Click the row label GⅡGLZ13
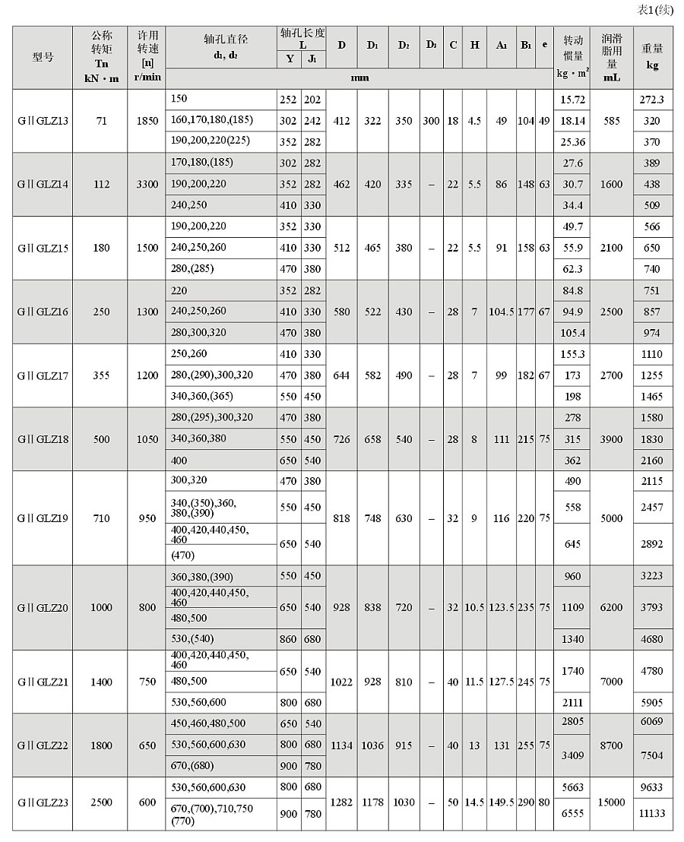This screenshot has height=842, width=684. click(x=43, y=121)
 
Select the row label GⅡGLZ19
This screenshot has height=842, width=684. click(x=43, y=518)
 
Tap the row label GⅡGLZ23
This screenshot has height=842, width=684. click(x=43, y=802)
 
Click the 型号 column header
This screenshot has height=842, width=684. click(x=43, y=57)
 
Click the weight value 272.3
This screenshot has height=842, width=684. click(x=652, y=100)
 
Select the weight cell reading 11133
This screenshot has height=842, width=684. click(x=652, y=814)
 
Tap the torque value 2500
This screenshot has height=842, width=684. click(x=100, y=802)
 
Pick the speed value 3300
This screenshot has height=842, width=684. click(x=147, y=184)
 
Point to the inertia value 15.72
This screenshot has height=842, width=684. click(x=572, y=100)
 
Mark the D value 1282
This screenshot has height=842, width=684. click(x=342, y=802)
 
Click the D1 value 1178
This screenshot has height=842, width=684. click(x=373, y=802)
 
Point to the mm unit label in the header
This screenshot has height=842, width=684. click(x=359, y=78)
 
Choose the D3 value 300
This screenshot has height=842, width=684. click(x=431, y=121)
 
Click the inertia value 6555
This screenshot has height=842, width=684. click(x=572, y=814)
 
